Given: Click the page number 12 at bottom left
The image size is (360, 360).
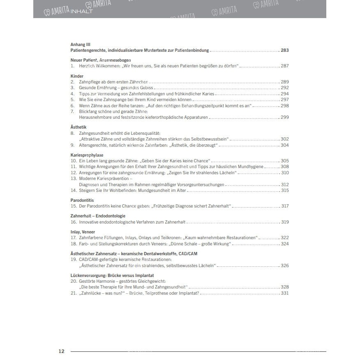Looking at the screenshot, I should tap(61, 351).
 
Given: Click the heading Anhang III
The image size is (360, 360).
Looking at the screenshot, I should tap(80, 44).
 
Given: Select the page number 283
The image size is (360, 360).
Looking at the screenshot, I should tap(285, 50).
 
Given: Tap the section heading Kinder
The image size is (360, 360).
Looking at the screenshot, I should tap(77, 76).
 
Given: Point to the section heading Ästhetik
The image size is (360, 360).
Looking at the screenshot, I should tap(78, 127).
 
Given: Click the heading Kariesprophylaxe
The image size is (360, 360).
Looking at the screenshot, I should tap(86, 155).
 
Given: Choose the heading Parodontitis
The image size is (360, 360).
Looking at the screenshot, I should tap(82, 200).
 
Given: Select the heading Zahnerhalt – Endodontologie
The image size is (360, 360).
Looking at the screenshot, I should tap(98, 216).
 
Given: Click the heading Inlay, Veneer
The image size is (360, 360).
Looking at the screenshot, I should tap(83, 232).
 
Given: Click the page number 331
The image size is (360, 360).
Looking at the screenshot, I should tap(285, 293).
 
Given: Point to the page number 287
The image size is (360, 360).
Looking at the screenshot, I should tap(285, 66).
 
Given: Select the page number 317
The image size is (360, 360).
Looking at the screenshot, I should tap(285, 206).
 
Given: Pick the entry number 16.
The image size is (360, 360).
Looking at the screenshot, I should tap(74, 222).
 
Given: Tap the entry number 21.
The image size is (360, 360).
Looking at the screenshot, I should tap(74, 293).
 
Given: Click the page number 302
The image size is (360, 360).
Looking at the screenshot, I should tap(285, 139).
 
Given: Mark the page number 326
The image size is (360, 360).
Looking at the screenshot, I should tap(285, 265).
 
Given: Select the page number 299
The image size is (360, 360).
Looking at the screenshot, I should tap(285, 117).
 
